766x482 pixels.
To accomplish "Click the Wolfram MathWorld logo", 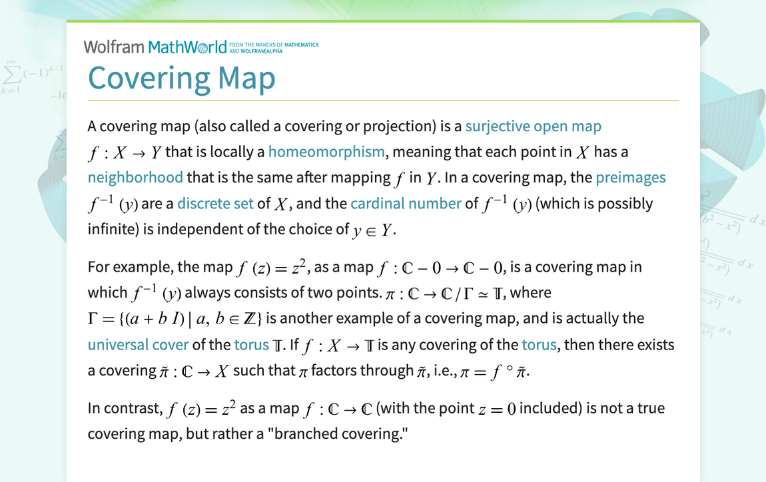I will click(x=155, y=47).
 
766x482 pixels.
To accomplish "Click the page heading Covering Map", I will click(x=181, y=78).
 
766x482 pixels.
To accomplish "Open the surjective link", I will click(x=498, y=126).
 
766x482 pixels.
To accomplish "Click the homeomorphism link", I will click(x=326, y=152).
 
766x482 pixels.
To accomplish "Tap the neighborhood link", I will click(x=135, y=178).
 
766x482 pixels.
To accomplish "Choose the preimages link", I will click(x=630, y=178).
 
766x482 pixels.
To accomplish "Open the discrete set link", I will click(x=215, y=204).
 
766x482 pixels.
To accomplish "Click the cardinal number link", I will click(x=406, y=204).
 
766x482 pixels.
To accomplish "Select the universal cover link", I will click(x=138, y=345).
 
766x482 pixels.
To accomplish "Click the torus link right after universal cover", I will click(x=251, y=345).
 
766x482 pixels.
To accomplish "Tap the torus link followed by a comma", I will click(x=539, y=345).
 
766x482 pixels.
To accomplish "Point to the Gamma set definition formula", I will click(x=179, y=319).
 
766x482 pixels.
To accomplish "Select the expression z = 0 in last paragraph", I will click(x=497, y=409).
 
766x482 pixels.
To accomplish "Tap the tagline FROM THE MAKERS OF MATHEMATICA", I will click(x=274, y=45).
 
